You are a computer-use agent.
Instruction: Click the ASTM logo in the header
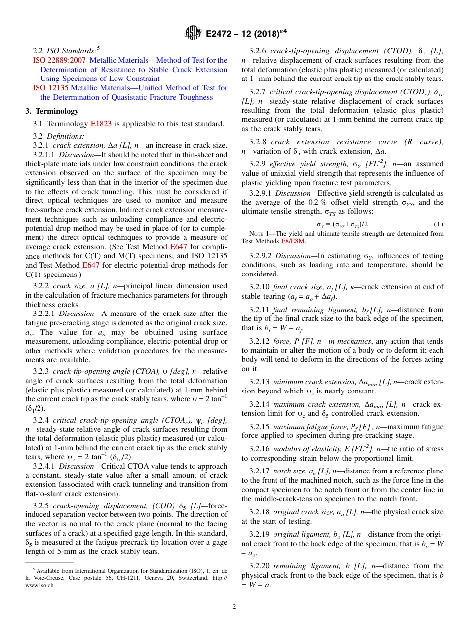pyautogui.click(x=193, y=33)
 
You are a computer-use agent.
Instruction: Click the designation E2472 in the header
pyautogui.click(x=222, y=34)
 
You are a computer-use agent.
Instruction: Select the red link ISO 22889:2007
pyautogui.click(x=59, y=60)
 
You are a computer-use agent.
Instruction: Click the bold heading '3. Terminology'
pyautogui.click(x=52, y=111)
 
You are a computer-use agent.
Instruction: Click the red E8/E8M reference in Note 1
pyautogui.click(x=293, y=241)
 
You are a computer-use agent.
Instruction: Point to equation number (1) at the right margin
pyautogui.click(x=438, y=224)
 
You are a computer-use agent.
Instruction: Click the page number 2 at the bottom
pyautogui.click(x=234, y=606)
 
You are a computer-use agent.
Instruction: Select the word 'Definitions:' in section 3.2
pyautogui.click(x=66, y=136)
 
